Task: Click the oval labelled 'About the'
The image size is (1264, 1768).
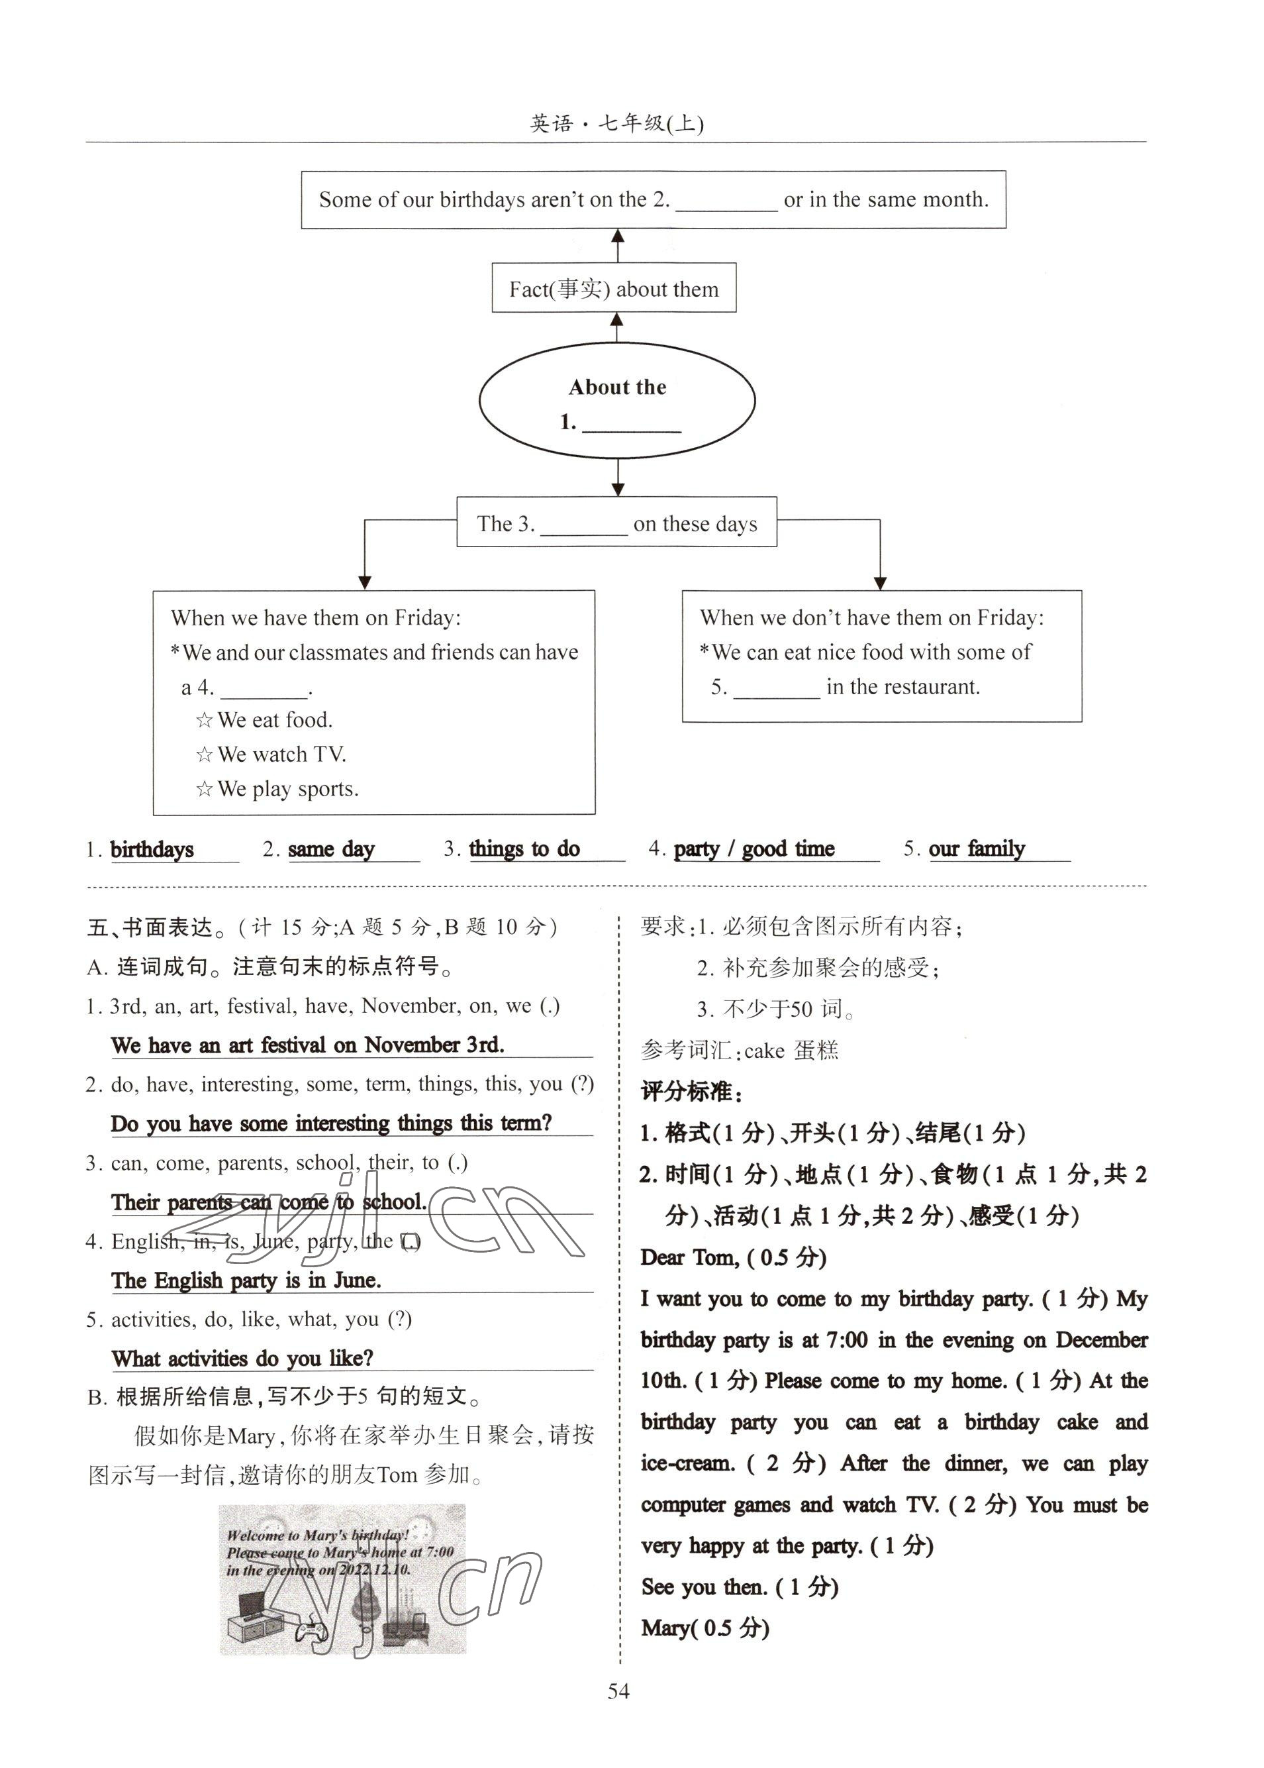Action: coord(617,401)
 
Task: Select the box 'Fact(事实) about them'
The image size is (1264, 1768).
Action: coord(613,289)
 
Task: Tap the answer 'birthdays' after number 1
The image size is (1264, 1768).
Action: coord(152,849)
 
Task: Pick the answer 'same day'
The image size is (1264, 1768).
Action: coord(331,849)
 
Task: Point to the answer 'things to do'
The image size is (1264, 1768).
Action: coord(524,849)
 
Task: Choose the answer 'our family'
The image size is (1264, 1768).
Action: coord(976,849)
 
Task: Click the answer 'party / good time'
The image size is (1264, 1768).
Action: coord(754,849)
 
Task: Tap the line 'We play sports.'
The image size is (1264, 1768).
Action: coord(287,789)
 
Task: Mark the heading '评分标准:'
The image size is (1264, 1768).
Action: coord(691,1092)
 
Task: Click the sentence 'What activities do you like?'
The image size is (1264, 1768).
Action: coord(242,1359)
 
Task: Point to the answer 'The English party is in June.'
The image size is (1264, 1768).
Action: coord(246,1280)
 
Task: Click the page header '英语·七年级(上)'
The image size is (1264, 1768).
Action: coord(616,124)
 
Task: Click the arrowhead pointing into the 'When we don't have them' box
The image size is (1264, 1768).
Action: coord(879,583)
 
